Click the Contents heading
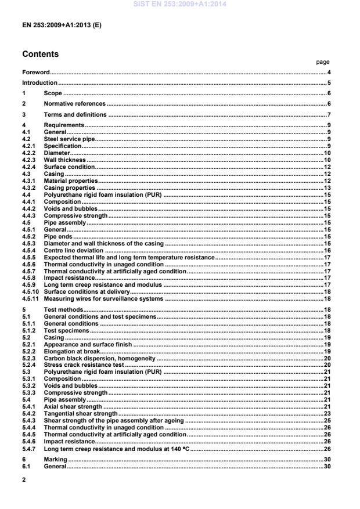40,54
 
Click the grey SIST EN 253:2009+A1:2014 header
180,5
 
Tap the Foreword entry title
35,73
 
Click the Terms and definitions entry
75,114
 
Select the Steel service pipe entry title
69,139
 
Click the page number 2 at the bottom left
23,480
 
